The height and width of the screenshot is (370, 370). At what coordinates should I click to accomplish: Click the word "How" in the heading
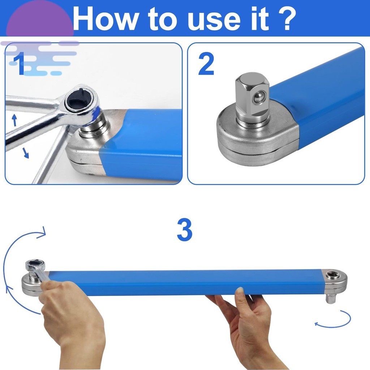pyautogui.click(x=105, y=19)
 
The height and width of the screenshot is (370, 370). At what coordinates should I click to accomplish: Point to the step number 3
pyautogui.click(x=185, y=230)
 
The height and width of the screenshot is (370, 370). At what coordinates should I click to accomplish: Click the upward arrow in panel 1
pyautogui.click(x=14, y=120)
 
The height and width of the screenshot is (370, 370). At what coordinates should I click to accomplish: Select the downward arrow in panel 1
pyautogui.click(x=26, y=153)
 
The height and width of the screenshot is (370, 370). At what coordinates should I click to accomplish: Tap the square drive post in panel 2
pyautogui.click(x=252, y=97)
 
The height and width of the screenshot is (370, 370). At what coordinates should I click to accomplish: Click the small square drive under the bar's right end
pyautogui.click(x=330, y=298)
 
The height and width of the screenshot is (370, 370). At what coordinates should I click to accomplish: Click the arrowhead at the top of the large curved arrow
pyautogui.click(x=43, y=232)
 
